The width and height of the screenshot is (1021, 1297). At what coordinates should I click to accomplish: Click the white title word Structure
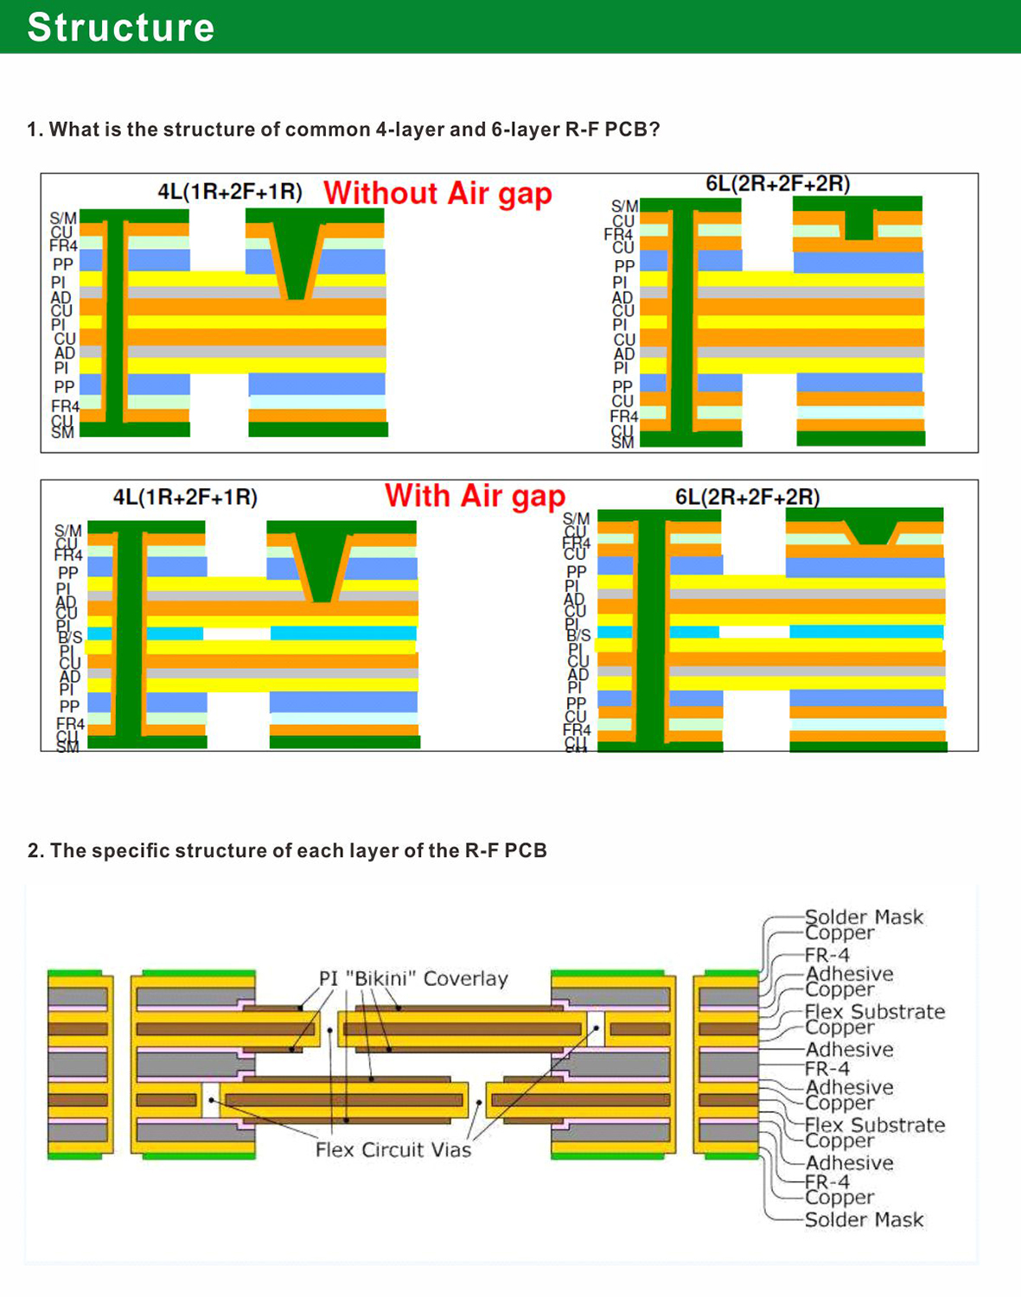click(x=121, y=27)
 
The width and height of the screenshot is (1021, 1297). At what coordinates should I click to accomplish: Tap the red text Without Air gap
click(x=437, y=193)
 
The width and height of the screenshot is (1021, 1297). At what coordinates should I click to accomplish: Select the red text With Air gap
click(x=475, y=496)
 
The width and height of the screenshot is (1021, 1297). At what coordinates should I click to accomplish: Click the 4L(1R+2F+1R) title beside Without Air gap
click(x=230, y=192)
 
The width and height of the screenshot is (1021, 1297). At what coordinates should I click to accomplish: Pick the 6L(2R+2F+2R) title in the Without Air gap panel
click(x=777, y=183)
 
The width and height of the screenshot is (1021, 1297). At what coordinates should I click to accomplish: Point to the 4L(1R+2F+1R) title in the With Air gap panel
click(x=185, y=497)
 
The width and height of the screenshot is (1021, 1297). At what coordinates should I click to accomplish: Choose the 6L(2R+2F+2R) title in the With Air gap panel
click(x=747, y=497)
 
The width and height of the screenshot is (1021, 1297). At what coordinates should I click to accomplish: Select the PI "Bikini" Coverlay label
click(x=413, y=978)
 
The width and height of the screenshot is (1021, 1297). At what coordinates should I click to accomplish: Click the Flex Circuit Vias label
click(x=393, y=1150)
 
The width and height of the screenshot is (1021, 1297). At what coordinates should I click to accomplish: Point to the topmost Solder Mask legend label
click(x=864, y=917)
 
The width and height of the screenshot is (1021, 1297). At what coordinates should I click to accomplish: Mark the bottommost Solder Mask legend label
click(x=864, y=1220)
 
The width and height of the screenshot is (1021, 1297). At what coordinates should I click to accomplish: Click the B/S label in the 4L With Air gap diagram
click(x=70, y=637)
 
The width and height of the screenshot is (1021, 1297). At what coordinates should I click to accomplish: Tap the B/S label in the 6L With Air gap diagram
click(x=578, y=635)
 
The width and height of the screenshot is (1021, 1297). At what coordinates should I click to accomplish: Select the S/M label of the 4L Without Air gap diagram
click(x=63, y=219)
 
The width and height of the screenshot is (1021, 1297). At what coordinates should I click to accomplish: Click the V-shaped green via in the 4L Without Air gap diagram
click(x=297, y=259)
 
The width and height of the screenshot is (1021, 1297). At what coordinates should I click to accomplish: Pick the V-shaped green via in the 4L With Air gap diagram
click(x=322, y=566)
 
